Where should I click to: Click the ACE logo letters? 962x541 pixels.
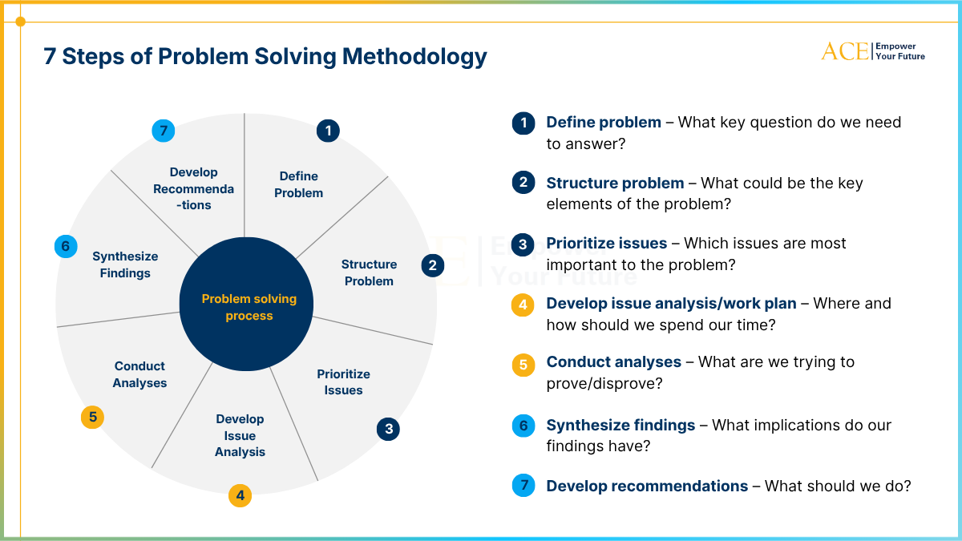point(845,52)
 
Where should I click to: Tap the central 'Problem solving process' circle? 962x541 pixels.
point(246,304)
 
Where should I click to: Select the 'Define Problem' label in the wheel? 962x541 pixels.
point(298,184)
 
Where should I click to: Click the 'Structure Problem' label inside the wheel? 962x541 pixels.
point(369,273)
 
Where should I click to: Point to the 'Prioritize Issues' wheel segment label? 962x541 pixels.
point(343,382)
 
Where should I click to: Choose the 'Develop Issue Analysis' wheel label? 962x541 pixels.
point(240,435)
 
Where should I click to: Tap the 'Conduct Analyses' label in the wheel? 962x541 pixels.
point(139,374)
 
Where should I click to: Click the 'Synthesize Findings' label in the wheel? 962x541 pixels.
point(125,264)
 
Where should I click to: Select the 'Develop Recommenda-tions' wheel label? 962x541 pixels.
point(194,188)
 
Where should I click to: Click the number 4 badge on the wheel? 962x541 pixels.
point(240,495)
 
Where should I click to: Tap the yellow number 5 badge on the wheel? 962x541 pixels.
point(92,417)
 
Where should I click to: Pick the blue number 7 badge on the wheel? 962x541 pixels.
point(164,131)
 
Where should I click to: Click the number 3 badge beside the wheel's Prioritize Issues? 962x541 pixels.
point(388,429)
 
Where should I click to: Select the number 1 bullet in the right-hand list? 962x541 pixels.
point(523,123)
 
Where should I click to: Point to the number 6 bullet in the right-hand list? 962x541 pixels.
point(523,426)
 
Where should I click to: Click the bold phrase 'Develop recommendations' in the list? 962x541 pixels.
point(647,486)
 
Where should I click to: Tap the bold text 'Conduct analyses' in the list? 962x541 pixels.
point(614,362)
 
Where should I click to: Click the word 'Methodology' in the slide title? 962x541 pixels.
point(414,57)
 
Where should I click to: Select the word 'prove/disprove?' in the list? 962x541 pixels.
point(604,383)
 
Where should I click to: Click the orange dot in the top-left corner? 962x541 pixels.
point(20,22)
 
